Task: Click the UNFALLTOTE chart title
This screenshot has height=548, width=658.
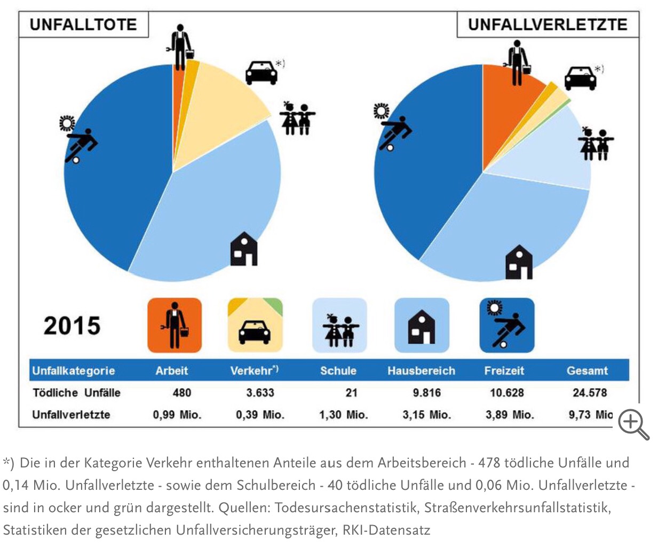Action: click(x=83, y=25)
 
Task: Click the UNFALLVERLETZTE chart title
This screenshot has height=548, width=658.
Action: click(x=548, y=25)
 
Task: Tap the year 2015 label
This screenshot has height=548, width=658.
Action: click(x=72, y=325)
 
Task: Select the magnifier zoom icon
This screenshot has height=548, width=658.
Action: click(x=633, y=424)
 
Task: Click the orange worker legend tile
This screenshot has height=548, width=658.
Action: click(x=175, y=325)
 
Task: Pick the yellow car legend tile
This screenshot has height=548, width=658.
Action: click(x=255, y=325)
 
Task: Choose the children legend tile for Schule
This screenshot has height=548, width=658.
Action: click(x=339, y=325)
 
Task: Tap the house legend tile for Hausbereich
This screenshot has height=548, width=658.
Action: click(x=422, y=325)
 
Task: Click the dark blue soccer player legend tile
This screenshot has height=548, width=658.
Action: click(x=506, y=325)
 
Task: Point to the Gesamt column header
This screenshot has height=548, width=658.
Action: click(x=587, y=370)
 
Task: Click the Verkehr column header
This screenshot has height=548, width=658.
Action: click(x=254, y=370)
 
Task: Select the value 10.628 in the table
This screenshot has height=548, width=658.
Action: click(x=506, y=393)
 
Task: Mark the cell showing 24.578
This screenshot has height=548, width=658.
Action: click(x=590, y=393)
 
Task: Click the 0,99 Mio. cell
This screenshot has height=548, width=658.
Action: click(x=177, y=415)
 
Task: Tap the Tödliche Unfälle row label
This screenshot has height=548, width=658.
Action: click(x=76, y=393)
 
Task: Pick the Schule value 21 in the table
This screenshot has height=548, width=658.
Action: click(x=351, y=393)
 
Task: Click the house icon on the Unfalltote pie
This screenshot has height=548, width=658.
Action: click(x=244, y=249)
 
